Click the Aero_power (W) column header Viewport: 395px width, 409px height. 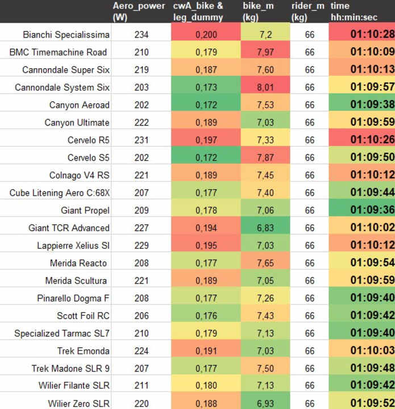click(x=139, y=11)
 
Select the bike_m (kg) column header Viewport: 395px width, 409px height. click(x=259, y=11)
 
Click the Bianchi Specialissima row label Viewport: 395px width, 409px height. click(x=66, y=35)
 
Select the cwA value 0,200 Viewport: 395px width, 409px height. click(x=206, y=35)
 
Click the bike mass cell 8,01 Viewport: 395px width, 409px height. click(x=265, y=87)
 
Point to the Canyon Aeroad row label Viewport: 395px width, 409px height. click(x=80, y=105)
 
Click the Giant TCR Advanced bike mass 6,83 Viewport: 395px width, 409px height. click(x=265, y=228)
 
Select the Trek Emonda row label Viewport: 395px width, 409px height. click(x=84, y=351)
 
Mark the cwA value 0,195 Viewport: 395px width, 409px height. click(x=206, y=245)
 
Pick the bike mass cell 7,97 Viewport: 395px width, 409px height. click(x=265, y=52)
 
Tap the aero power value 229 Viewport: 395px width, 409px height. click(x=142, y=245)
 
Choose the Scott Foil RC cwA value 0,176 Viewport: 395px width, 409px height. click(x=206, y=316)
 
